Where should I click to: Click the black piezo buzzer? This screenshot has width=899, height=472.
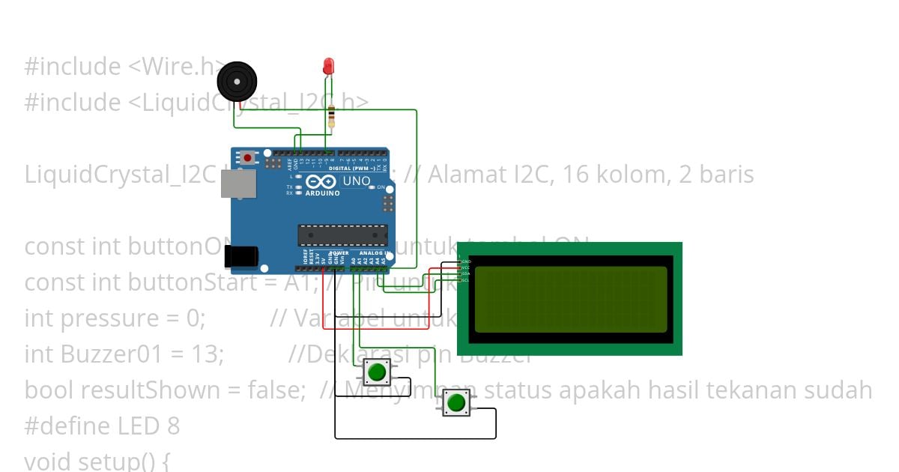point(235,81)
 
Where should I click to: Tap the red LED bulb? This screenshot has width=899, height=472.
point(328,66)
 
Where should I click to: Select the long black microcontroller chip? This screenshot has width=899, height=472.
point(342,235)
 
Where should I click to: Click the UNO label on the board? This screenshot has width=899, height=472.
point(357,181)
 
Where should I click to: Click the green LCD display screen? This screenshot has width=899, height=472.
point(570,299)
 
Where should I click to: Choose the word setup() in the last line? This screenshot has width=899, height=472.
point(120,461)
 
